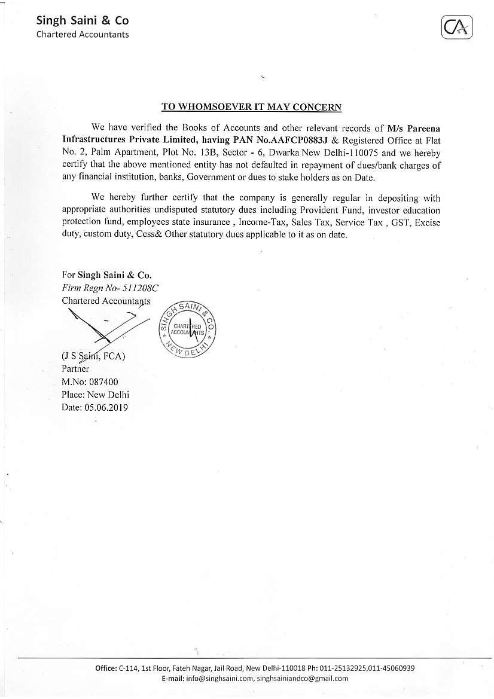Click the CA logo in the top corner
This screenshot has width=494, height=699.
coord(458,28)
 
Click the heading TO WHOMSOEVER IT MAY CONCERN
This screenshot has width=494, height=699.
coord(252,107)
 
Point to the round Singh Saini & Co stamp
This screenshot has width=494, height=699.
coord(186,330)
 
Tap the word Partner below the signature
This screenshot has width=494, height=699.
coord(75,369)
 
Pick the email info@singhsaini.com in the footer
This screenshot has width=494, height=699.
coord(219,679)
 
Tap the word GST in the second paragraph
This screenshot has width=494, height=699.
coord(396,222)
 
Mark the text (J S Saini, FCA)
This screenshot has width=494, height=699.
coord(94,357)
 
